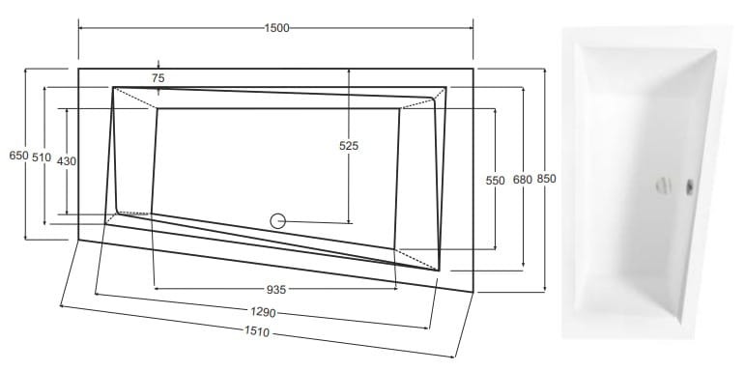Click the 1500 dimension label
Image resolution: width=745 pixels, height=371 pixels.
click(277, 28)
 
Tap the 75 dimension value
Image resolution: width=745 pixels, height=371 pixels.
click(158, 78)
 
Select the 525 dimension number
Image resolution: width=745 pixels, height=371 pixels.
click(349, 146)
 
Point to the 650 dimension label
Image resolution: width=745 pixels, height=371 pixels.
click(19, 156)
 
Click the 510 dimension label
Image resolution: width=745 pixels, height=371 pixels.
click(42, 157)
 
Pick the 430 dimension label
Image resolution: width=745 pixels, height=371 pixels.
click(67, 161)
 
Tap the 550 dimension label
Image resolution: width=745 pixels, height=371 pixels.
click(495, 181)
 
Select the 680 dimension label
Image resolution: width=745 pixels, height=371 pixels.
click(523, 180)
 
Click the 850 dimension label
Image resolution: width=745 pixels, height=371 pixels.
click(546, 179)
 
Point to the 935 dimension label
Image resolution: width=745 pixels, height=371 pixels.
click(276, 289)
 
